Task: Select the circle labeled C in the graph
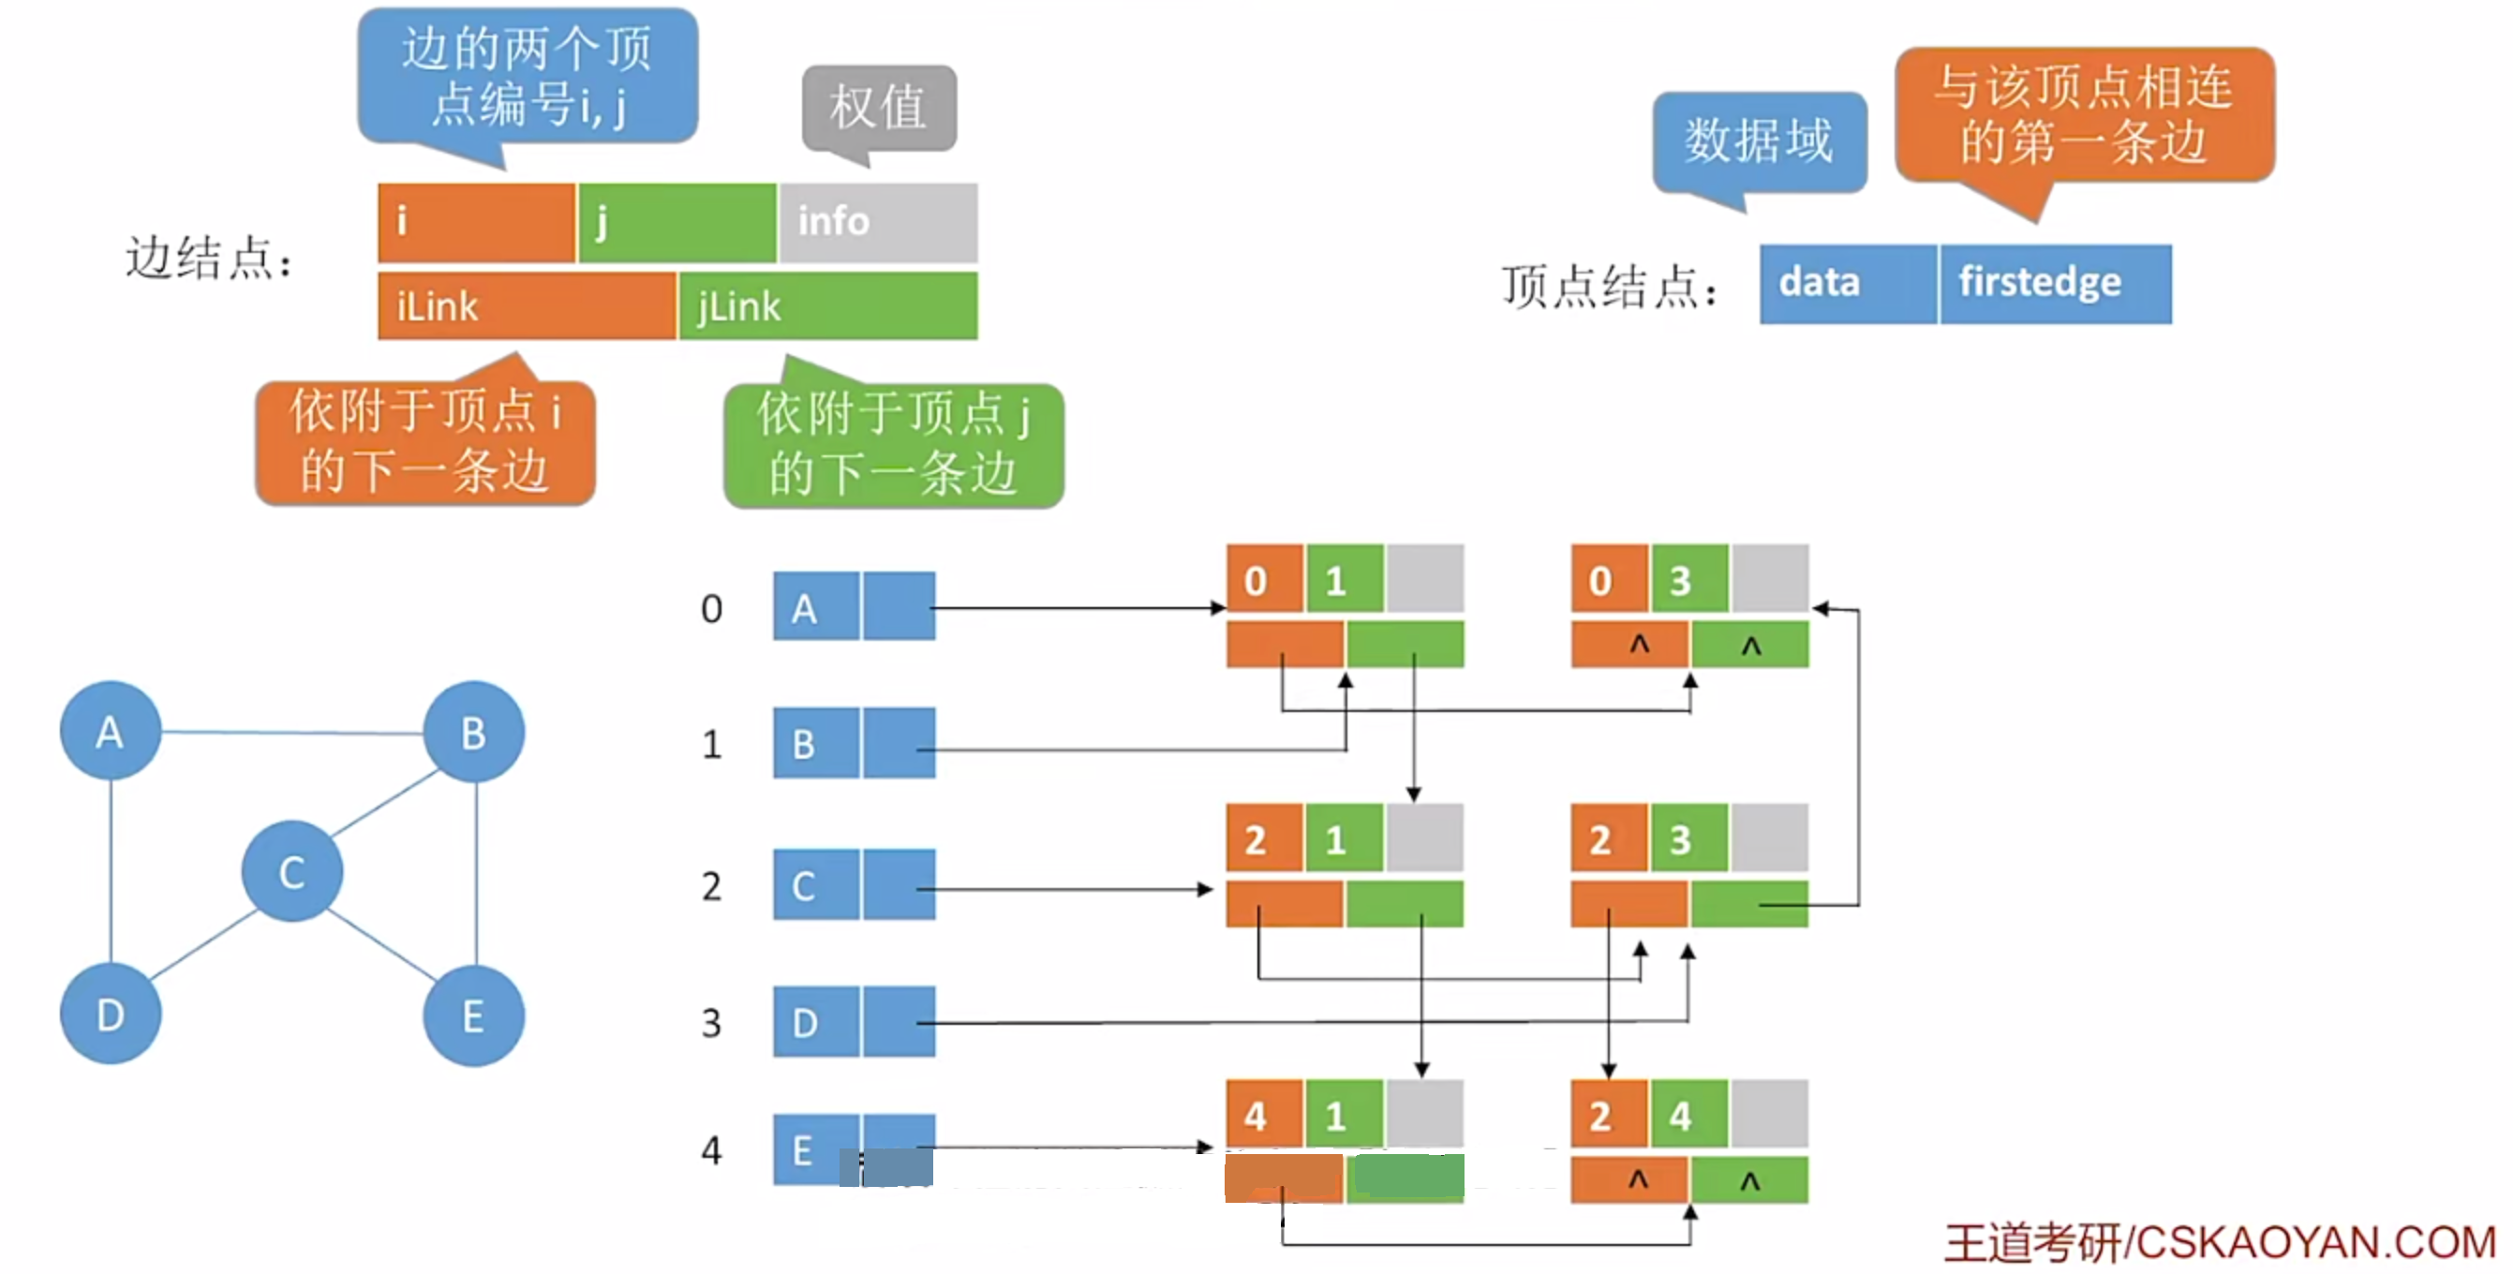[291, 871]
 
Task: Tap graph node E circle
[473, 1015]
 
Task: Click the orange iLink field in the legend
[526, 306]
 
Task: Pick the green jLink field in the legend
[827, 306]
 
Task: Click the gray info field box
[878, 221]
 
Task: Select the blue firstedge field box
[2055, 283]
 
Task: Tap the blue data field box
[1847, 283]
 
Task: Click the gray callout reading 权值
[878, 108]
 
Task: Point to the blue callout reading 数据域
[1759, 141]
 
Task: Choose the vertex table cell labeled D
[815, 1021]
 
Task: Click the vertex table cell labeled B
[815, 744]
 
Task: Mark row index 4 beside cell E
[711, 1150]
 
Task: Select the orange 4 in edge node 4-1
[1263, 1114]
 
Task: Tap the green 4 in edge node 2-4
[1688, 1114]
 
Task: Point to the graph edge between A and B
[292, 732]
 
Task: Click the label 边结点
[208, 259]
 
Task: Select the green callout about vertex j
[893, 445]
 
